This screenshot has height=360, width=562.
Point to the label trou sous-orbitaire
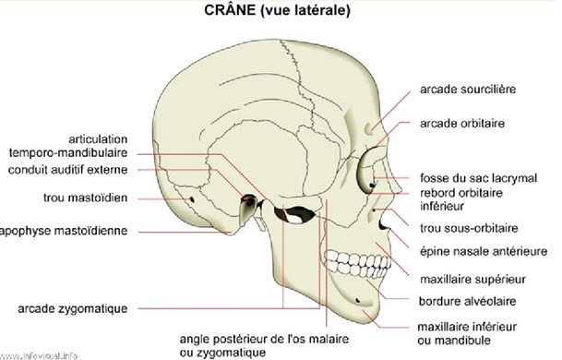(x=468, y=227)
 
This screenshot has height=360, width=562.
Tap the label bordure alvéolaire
(x=465, y=301)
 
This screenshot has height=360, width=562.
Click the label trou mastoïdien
(x=84, y=198)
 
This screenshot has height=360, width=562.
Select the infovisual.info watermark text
(x=40, y=354)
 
